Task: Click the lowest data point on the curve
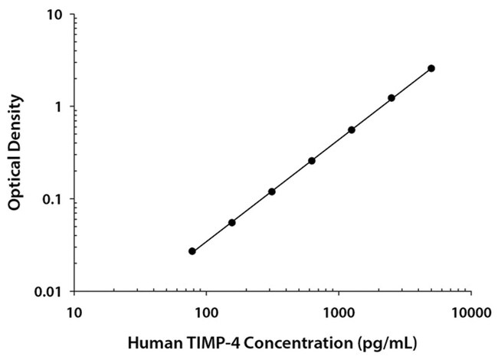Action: point(192,251)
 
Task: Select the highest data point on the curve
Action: point(431,68)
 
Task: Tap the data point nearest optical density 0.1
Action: point(272,191)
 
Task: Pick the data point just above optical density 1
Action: point(392,98)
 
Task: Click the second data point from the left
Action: point(232,223)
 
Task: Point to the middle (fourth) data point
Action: point(312,161)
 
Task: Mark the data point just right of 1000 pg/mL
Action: point(352,130)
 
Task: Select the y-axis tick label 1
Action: point(57,107)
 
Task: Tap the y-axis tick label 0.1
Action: point(52,200)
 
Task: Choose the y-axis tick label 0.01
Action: point(48,292)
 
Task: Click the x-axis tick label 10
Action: point(74,313)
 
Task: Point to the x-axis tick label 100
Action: point(206,313)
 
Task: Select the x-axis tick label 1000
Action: point(339,313)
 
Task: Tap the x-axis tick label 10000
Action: point(471,313)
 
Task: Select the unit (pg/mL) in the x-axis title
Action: point(387,344)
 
